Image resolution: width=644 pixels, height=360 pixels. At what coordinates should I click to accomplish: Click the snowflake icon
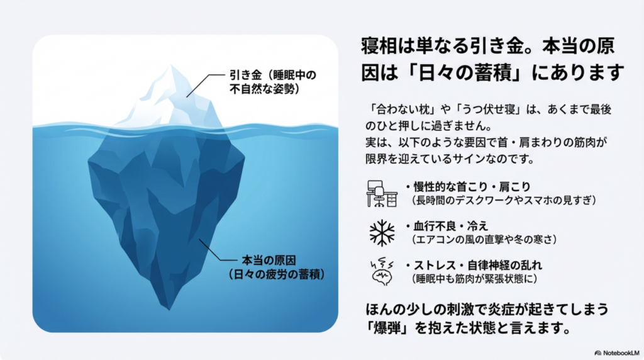coord(382,233)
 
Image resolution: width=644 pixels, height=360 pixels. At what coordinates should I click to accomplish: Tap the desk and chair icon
coord(382,194)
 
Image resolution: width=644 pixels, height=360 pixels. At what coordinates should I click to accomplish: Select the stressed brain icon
coord(382,272)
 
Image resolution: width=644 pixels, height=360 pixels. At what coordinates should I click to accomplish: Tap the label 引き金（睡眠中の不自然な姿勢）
coord(273,82)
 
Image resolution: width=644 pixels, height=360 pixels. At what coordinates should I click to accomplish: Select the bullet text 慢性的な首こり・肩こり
coord(472,187)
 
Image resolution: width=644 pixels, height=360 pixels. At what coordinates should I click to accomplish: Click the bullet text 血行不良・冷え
coord(450,226)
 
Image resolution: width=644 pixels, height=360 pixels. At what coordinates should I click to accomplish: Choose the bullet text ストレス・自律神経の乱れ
coord(478,265)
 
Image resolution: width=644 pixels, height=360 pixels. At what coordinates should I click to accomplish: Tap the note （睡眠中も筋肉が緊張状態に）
coord(474,279)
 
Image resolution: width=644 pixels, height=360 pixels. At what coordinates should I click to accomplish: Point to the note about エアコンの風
coord(484,240)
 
